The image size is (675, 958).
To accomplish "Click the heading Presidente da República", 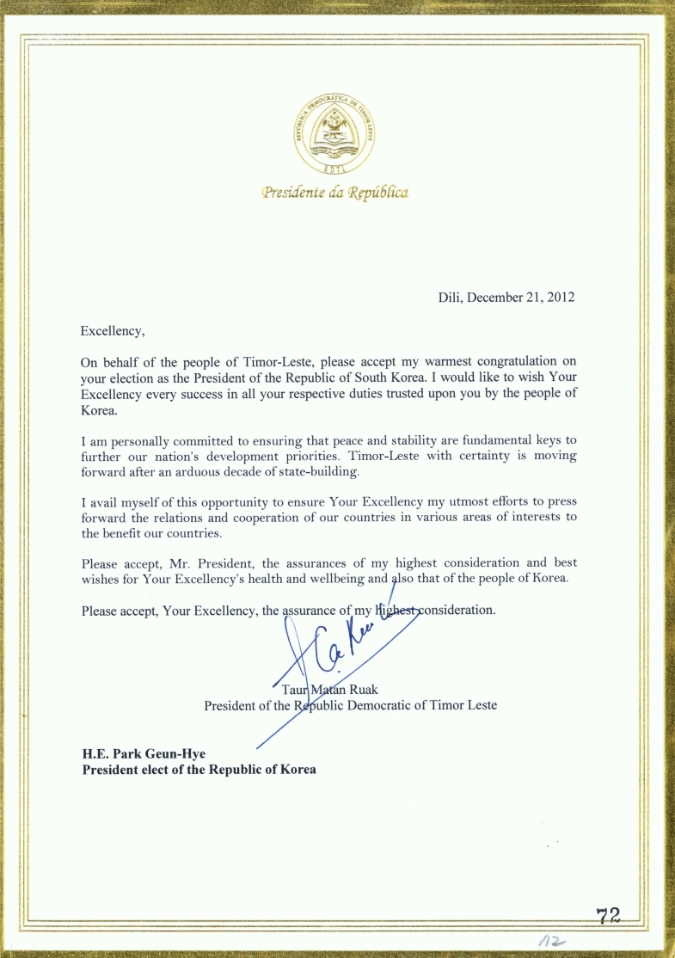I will pos(335,193).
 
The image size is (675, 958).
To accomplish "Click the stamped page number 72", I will pos(608,917).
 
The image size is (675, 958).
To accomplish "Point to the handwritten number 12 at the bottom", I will pos(549,943).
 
